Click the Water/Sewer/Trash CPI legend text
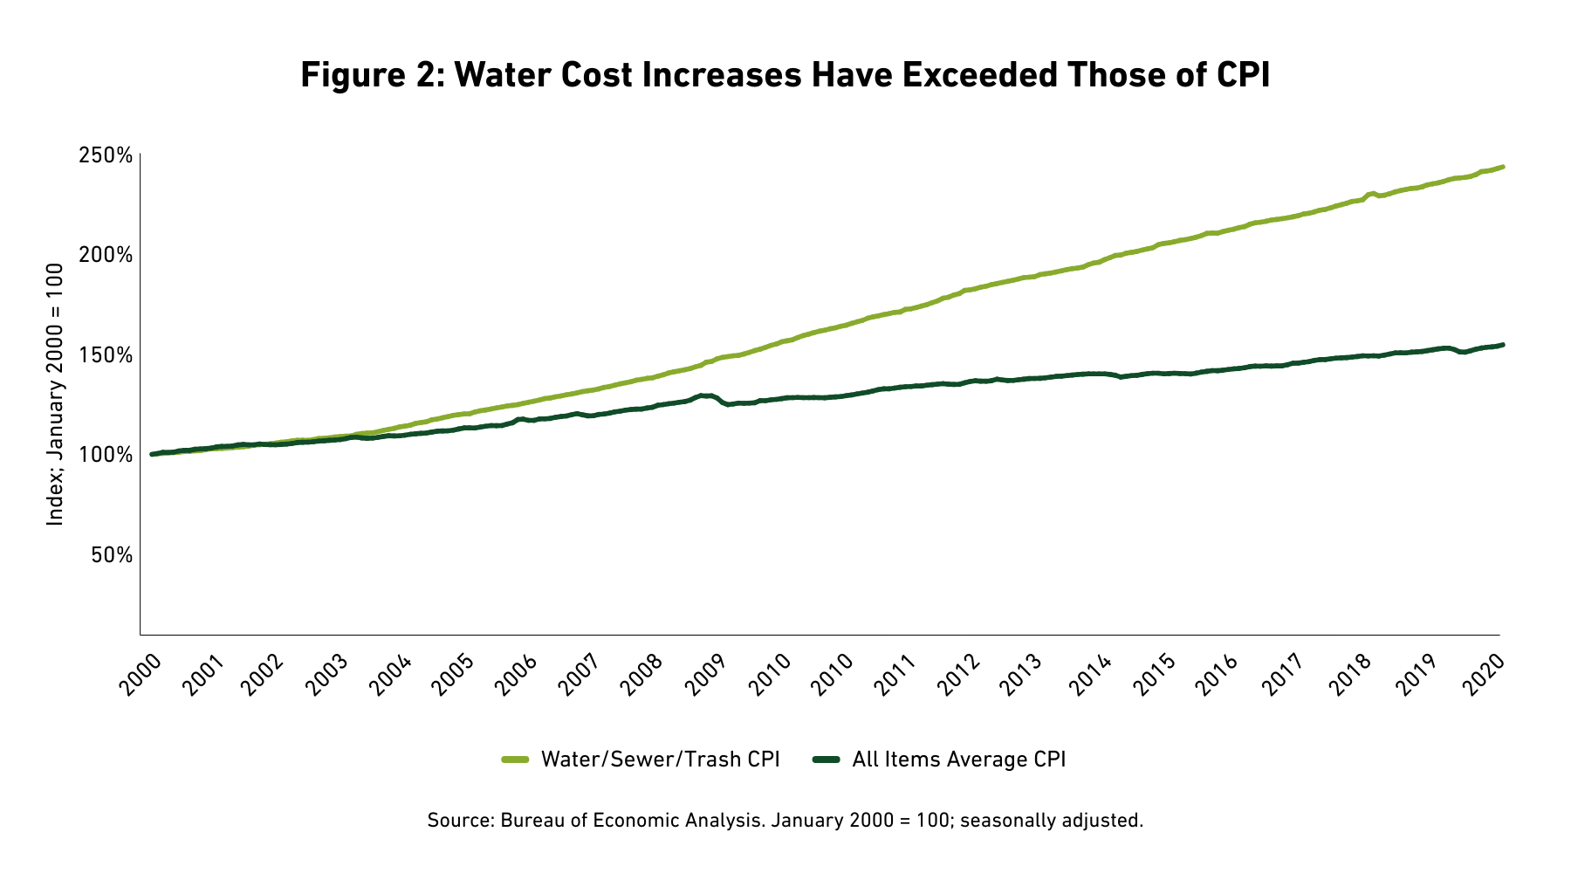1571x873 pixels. point(660,760)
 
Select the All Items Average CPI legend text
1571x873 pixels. point(958,760)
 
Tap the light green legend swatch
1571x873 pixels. point(515,760)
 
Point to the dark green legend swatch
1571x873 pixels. point(826,760)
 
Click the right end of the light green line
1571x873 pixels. point(1501,167)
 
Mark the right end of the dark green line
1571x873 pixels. point(1501,345)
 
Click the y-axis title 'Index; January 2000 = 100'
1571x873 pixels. point(56,394)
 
